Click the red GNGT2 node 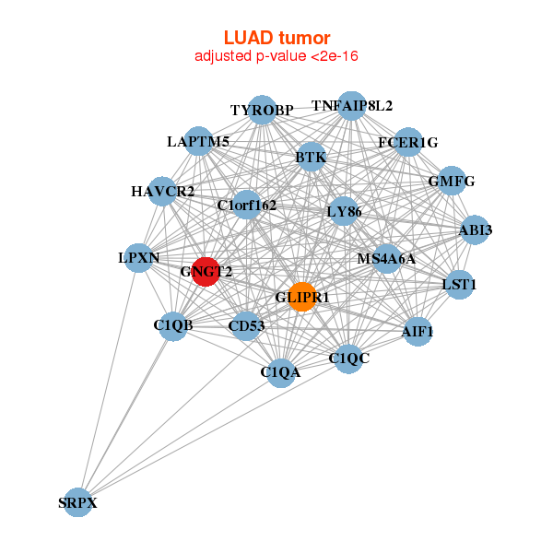[205, 272]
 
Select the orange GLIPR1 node [302, 297]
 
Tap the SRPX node [78, 502]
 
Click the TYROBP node [262, 110]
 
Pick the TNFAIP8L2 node [350, 106]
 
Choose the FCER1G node [407, 142]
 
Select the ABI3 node [474, 230]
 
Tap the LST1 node [458, 284]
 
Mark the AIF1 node [418, 331]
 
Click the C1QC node [347, 358]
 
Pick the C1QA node [280, 372]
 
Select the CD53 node [246, 324]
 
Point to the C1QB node [173, 324]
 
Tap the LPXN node [139, 258]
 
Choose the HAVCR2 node [162, 192]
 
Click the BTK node [311, 158]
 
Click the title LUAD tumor [276, 38]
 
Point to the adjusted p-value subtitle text [276, 57]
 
